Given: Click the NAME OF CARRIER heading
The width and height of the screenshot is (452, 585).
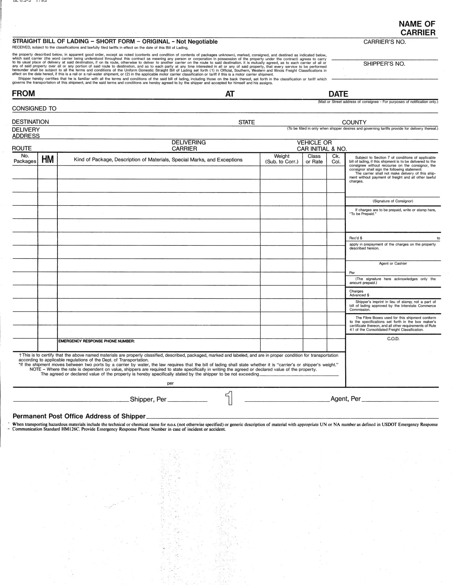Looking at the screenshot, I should [x=417, y=28].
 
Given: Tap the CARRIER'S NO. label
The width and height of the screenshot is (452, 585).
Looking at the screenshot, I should [x=384, y=42].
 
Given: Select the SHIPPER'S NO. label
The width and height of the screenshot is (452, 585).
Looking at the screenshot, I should [x=384, y=64].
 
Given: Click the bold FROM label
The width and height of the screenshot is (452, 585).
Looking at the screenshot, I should [x=23, y=94].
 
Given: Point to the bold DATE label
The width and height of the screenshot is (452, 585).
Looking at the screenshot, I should [x=338, y=94].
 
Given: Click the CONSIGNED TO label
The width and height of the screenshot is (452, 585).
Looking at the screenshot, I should [x=34, y=108].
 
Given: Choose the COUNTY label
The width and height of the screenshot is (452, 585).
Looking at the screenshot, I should [x=354, y=122].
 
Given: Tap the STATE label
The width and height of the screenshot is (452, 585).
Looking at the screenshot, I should [x=246, y=122].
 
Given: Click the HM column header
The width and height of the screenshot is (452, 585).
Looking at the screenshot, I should [x=47, y=159].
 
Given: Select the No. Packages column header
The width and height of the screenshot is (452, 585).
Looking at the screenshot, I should [x=25, y=158].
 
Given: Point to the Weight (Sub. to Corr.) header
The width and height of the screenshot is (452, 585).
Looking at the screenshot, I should [x=281, y=159].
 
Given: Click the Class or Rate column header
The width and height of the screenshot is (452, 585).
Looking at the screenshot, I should [x=314, y=159].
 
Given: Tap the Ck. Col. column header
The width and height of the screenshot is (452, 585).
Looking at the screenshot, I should [x=336, y=159].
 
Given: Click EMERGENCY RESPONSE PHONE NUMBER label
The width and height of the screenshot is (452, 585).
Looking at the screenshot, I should [x=97, y=341].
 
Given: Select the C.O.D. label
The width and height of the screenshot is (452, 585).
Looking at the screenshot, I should [x=393, y=339].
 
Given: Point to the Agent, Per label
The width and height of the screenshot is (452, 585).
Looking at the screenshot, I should [x=345, y=399].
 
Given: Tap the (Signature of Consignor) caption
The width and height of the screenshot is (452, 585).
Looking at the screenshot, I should [x=392, y=201].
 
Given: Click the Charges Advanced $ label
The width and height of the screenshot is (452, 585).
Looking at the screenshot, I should [x=359, y=293].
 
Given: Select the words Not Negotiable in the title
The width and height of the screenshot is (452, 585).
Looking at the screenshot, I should [x=197, y=41].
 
